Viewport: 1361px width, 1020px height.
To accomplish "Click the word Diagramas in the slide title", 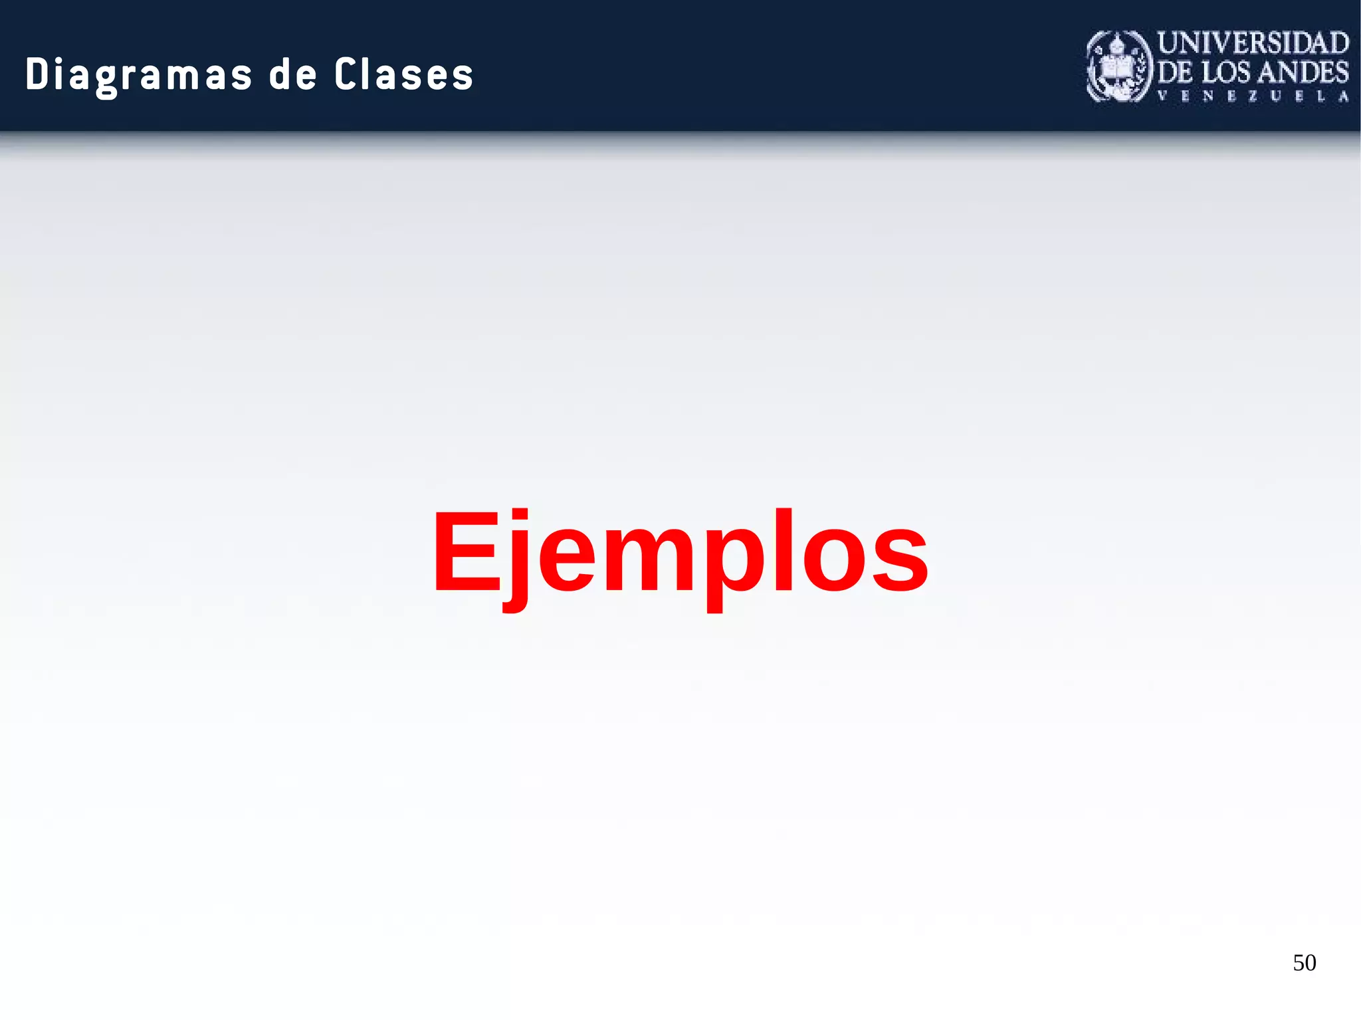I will click(139, 74).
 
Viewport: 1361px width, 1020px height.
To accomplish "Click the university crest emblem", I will click(1119, 66).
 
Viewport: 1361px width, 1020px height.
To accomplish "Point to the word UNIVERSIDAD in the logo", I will click(1253, 43).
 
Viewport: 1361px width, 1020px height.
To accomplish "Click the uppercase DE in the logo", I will click(1176, 72).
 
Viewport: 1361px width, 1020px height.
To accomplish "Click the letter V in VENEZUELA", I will click(1162, 96).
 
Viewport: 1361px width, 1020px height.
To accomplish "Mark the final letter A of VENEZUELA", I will click(1343, 96).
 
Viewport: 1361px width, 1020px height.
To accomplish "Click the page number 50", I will click(1305, 963).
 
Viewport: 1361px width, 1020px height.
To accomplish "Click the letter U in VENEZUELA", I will click(1275, 96).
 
